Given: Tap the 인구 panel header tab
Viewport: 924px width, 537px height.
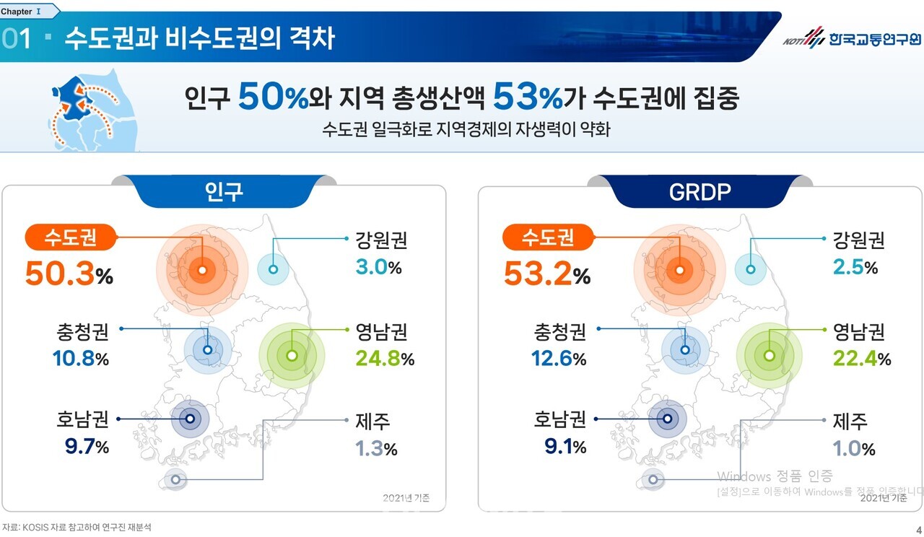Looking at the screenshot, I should pyautogui.click(x=225, y=191).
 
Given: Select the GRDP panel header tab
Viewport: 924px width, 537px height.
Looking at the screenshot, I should pyautogui.click(x=701, y=191).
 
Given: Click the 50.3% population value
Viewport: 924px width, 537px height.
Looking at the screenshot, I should pyautogui.click(x=69, y=274).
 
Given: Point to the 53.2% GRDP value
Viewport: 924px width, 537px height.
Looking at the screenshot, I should pyautogui.click(x=546, y=274).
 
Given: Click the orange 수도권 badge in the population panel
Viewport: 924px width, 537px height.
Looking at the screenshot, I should pyautogui.click(x=70, y=237).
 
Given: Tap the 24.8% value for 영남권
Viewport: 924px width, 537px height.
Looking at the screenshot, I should pyautogui.click(x=384, y=358).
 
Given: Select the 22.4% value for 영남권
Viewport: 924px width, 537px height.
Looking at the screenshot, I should pyautogui.click(x=861, y=358).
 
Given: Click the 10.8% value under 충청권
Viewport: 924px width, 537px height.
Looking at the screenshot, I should pyautogui.click(x=80, y=358).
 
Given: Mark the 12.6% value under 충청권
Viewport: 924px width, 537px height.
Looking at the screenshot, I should pyautogui.click(x=557, y=358).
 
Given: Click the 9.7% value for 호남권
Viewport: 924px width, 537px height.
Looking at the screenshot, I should pyautogui.click(x=86, y=447).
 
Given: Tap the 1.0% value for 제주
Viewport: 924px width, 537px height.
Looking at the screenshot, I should pyautogui.click(x=854, y=448).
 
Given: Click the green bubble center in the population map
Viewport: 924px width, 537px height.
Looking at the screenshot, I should pyautogui.click(x=292, y=356).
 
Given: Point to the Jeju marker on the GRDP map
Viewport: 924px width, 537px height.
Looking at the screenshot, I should pyautogui.click(x=653, y=479).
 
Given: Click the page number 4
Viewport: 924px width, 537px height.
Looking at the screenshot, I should pyautogui.click(x=918, y=528).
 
